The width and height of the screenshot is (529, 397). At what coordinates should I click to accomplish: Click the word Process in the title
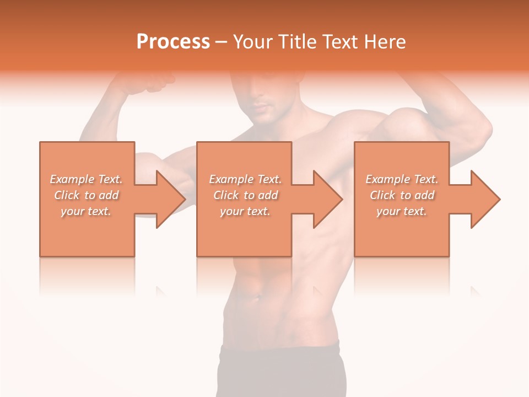(173, 42)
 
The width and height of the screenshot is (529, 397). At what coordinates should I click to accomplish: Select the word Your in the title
(254, 42)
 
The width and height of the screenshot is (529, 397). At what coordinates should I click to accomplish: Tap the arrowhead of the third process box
(484, 199)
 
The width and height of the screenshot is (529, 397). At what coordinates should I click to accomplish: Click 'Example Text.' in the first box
(86, 179)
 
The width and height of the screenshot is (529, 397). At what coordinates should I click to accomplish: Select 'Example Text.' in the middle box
(245, 179)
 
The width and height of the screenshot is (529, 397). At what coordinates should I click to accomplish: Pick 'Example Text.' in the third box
(402, 179)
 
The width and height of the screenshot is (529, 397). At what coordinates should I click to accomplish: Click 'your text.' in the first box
(86, 211)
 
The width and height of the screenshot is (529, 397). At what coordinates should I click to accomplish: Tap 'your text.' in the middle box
(245, 211)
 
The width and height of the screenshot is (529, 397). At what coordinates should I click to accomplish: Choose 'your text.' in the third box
(402, 211)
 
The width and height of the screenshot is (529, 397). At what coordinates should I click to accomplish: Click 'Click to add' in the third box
(402, 195)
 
